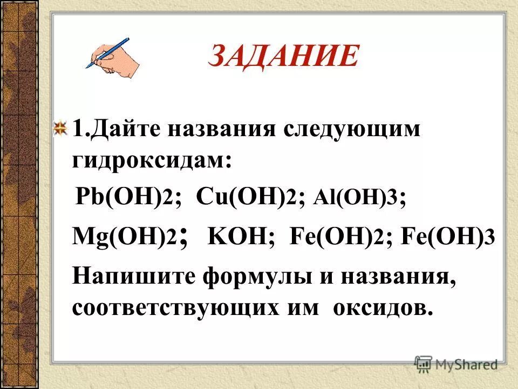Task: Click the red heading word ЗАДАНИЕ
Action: (283, 57)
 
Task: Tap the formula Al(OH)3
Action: (363, 198)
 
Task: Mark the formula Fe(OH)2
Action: (337, 238)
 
